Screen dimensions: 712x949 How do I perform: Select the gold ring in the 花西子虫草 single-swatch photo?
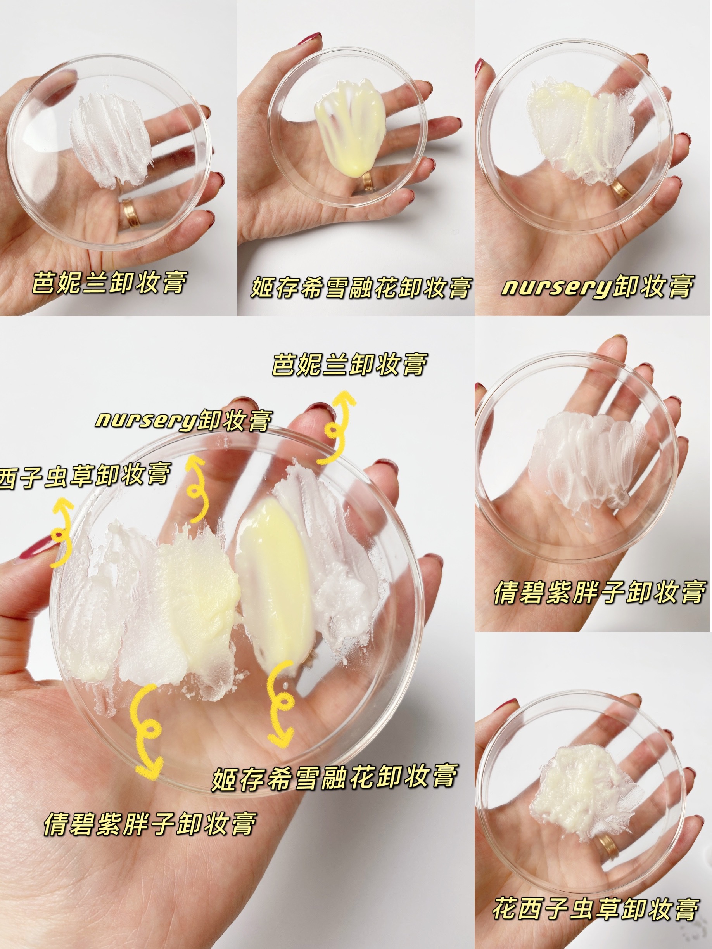608,847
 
